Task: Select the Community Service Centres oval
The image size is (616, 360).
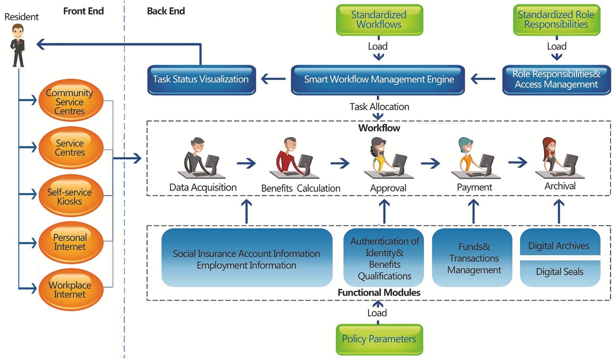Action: tap(70, 101)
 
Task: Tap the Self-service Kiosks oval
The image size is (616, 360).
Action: tap(70, 197)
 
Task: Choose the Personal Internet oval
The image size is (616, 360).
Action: tap(70, 242)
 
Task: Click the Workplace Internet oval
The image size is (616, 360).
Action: tap(70, 289)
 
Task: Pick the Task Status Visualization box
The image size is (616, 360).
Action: tap(201, 80)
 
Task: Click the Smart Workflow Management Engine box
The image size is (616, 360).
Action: tap(378, 80)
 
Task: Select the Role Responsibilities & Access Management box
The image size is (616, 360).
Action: tap(556, 80)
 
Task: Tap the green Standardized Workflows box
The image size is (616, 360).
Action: tap(379, 20)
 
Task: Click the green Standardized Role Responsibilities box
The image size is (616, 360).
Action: tap(556, 20)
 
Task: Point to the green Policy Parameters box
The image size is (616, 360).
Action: tap(379, 339)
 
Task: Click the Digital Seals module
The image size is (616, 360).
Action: tap(559, 272)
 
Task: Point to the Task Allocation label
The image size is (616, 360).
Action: tap(379, 107)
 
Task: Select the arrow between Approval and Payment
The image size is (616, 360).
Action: tap(430, 164)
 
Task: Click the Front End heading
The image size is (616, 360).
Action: tap(83, 11)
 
